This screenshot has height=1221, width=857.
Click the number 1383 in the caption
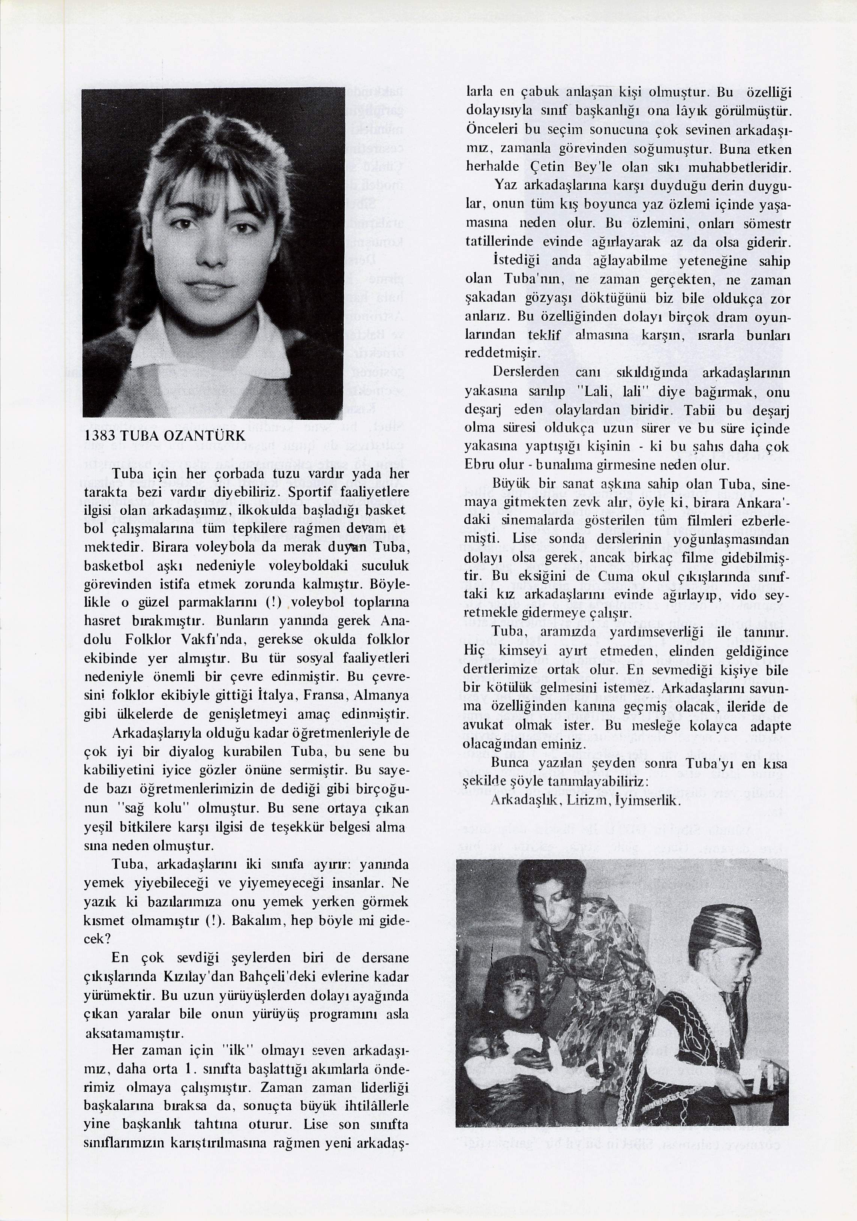point(99,436)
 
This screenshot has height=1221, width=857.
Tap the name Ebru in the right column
point(476,465)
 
